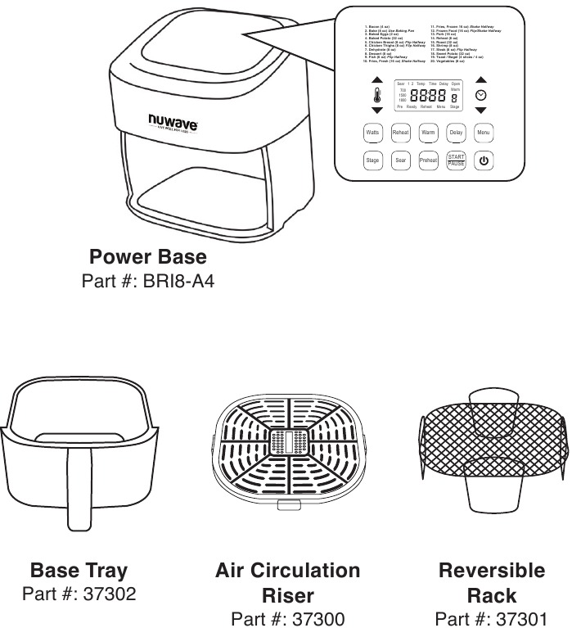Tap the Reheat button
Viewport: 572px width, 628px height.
400,132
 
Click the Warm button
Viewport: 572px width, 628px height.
428,132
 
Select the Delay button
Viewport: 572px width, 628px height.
456,132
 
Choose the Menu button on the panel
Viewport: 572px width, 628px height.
484,132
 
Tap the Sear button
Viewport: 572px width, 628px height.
400,160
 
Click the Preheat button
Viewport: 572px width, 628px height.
428,160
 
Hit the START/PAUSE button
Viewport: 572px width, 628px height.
456,160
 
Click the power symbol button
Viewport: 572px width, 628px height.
484,160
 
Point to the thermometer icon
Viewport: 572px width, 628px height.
376,95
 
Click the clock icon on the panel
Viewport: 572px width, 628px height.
481,95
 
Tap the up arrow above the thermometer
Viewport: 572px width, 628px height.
376,80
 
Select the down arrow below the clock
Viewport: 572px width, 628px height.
481,110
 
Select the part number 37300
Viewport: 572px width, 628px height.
287,618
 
